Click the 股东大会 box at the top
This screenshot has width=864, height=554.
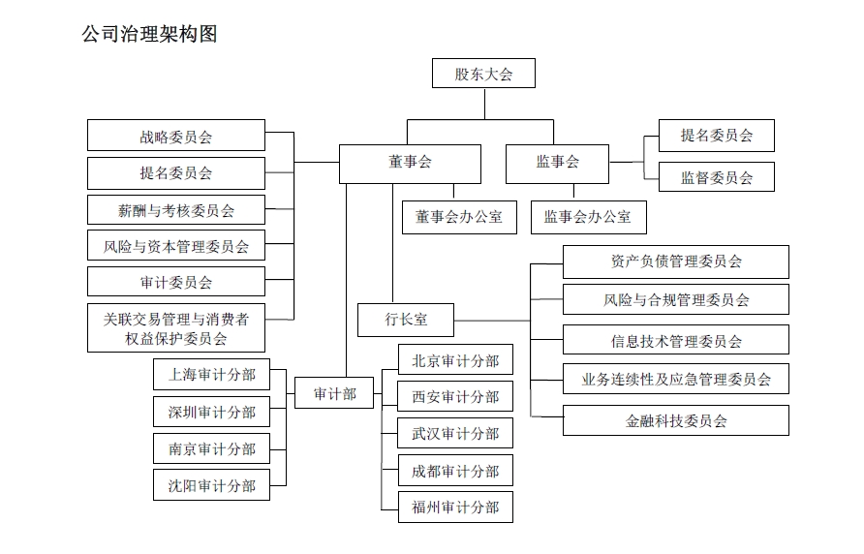(x=483, y=74)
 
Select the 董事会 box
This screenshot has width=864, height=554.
(x=410, y=163)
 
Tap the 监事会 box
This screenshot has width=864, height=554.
(x=557, y=163)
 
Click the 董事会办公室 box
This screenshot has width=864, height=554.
(x=459, y=217)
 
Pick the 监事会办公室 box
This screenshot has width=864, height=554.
(x=587, y=217)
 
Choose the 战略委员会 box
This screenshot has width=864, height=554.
(x=175, y=136)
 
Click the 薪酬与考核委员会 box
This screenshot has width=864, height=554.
(x=175, y=209)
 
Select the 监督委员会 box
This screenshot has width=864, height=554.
(x=716, y=177)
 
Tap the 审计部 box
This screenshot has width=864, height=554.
(x=334, y=393)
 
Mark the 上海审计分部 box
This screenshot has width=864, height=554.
(x=211, y=375)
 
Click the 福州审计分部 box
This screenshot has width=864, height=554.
(x=455, y=508)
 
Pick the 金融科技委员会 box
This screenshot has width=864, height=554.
(x=675, y=420)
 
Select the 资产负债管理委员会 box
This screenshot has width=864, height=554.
(x=675, y=262)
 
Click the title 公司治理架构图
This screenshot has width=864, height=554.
(x=150, y=35)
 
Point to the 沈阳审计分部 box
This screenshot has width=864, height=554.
(x=211, y=485)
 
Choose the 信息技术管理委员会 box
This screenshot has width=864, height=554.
(x=675, y=340)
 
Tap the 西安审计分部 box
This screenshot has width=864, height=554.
(x=455, y=396)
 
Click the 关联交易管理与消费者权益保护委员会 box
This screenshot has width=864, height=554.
(x=175, y=327)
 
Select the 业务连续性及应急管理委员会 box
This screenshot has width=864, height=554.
(x=675, y=379)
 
